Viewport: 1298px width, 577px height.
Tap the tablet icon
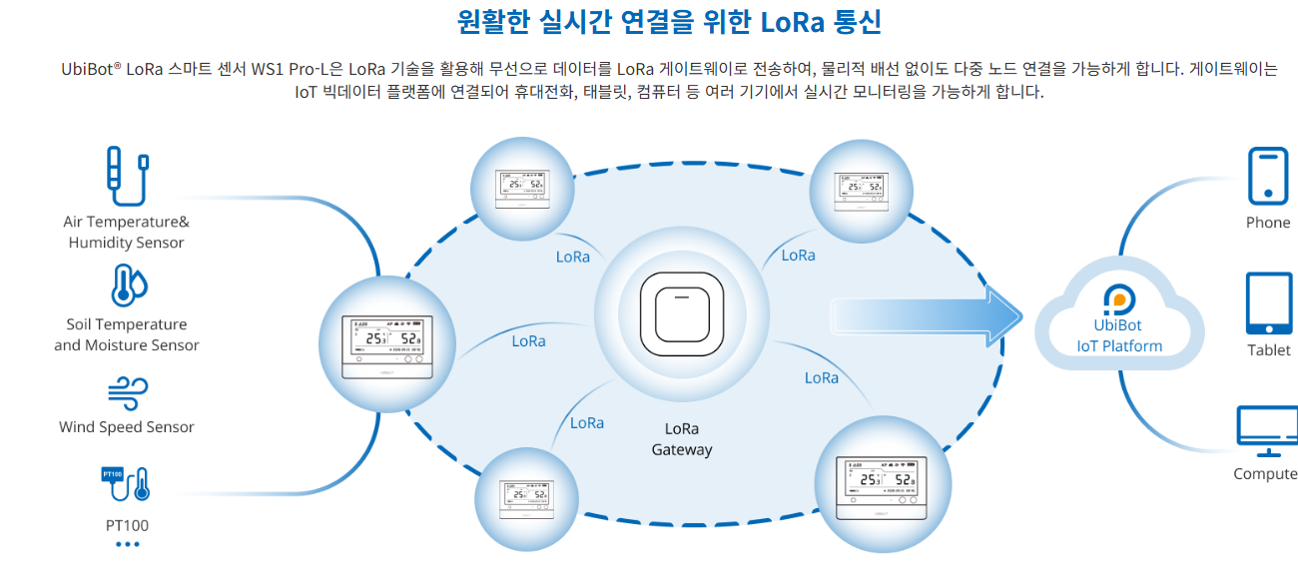click(1268, 303)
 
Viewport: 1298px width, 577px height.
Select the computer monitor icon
click(1266, 430)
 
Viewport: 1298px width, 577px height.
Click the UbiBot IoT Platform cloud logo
click(1116, 298)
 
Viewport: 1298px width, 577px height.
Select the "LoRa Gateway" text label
click(682, 439)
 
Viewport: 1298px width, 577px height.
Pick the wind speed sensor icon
click(127, 390)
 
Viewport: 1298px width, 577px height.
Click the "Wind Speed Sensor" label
click(127, 427)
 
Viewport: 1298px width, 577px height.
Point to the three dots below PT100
click(127, 544)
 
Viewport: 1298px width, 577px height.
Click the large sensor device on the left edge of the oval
click(385, 347)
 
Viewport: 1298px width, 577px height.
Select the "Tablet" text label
click(1268, 350)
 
